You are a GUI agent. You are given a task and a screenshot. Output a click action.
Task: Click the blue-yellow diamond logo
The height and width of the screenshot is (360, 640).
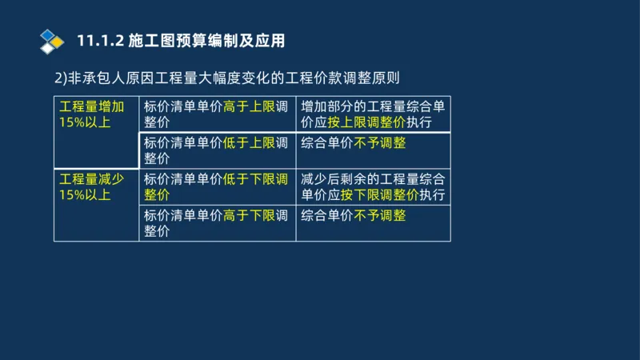[x=52, y=40]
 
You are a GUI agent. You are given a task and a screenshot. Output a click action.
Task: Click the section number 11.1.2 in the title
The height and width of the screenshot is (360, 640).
[x=98, y=41]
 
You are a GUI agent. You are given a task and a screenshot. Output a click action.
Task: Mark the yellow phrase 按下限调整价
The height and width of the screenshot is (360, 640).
[x=379, y=195]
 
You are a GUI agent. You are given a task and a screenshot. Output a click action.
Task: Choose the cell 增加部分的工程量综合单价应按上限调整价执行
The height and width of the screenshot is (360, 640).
[x=373, y=114]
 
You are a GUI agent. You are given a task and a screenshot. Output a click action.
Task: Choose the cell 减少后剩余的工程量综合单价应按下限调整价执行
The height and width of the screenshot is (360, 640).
[x=373, y=186]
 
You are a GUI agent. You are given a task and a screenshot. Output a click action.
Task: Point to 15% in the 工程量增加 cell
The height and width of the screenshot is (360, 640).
[x=72, y=122]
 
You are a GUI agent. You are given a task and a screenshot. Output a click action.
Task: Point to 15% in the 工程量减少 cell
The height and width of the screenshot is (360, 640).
[x=72, y=195]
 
